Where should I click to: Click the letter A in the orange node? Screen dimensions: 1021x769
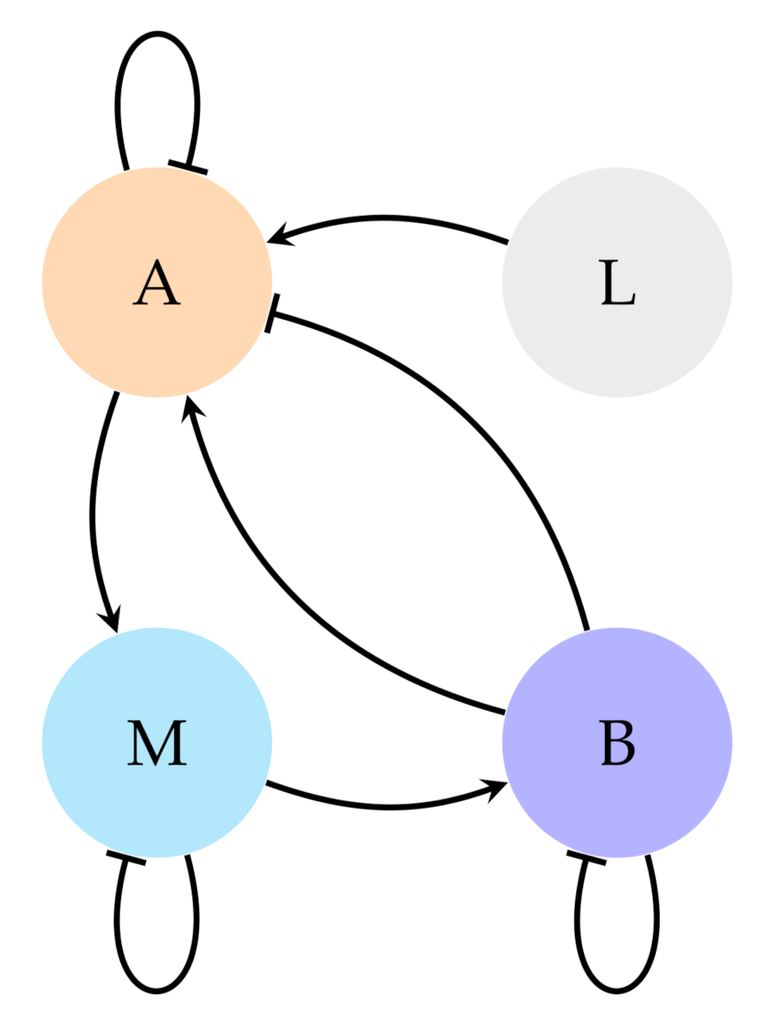click(x=156, y=284)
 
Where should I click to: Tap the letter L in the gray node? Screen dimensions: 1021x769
click(x=617, y=284)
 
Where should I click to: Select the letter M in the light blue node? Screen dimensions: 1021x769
click(x=157, y=743)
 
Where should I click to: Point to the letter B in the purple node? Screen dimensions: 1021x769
click(x=617, y=743)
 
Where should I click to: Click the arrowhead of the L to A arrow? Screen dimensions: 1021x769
click(x=278, y=236)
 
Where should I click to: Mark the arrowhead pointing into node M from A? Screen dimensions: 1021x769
click(x=111, y=620)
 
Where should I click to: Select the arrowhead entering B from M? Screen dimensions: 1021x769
click(x=498, y=788)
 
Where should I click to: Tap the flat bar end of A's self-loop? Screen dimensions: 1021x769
click(x=188, y=168)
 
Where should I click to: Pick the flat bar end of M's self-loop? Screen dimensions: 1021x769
click(x=125, y=858)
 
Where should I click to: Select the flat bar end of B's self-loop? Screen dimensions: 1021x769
click(x=586, y=858)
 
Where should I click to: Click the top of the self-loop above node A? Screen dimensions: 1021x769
click(x=157, y=33)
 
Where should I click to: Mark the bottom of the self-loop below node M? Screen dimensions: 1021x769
click(x=156, y=992)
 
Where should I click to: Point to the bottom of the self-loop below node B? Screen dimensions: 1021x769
click(x=617, y=992)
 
